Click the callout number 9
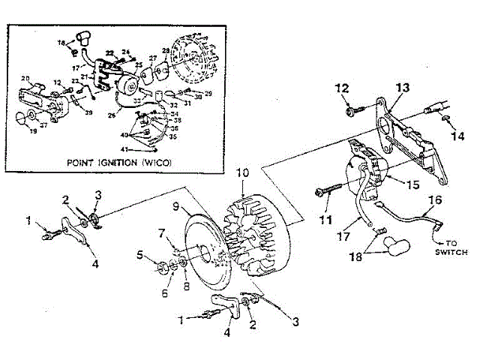point(174,205)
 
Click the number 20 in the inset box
point(24,79)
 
